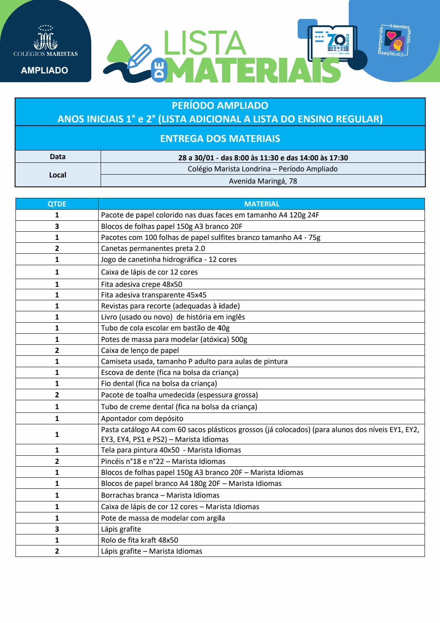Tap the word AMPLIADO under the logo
tap(44, 70)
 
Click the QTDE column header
tap(57, 204)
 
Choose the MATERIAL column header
tap(262, 204)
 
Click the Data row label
tap(58, 157)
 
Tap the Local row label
tap(58, 175)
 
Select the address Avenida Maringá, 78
tap(263, 181)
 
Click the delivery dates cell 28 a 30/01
tap(263, 157)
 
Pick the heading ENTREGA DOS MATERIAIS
tap(220, 139)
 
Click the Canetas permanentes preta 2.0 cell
tap(153, 248)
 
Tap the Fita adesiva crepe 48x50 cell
tap(142, 284)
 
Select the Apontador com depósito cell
tap(142, 418)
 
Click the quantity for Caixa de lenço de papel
tap(57, 350)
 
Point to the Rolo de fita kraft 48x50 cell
tap(140, 540)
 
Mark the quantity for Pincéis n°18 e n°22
tap(57, 461)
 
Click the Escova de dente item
tap(169, 372)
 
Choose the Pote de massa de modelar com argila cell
tap(163, 518)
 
